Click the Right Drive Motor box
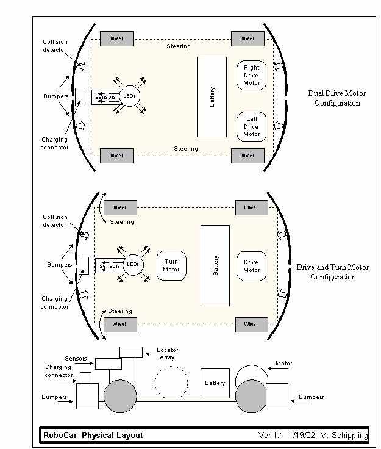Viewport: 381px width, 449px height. click(x=252, y=75)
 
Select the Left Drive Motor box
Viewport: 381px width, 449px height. click(x=252, y=126)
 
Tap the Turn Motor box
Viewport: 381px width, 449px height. click(x=171, y=265)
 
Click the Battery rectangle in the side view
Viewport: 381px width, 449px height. click(x=215, y=383)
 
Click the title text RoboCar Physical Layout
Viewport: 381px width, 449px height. click(x=93, y=435)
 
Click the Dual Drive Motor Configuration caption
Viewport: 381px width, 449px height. click(x=337, y=98)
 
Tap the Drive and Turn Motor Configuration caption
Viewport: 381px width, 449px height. click(x=333, y=272)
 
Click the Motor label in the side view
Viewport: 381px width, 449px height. click(x=283, y=364)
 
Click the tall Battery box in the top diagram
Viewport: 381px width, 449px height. click(x=211, y=97)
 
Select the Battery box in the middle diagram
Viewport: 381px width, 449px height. click(x=215, y=265)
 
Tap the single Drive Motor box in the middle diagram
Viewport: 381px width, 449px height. click(x=252, y=266)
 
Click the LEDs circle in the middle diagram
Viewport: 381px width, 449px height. click(x=133, y=265)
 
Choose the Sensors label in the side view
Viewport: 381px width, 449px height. click(x=76, y=358)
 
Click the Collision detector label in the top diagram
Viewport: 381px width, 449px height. click(x=55, y=46)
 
